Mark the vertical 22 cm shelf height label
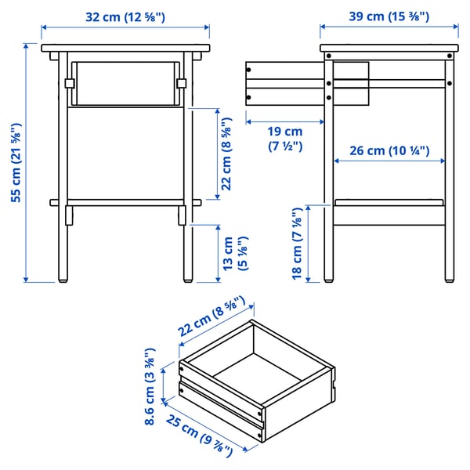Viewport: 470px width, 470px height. click(x=226, y=154)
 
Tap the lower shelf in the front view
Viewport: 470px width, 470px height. click(x=126, y=202)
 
